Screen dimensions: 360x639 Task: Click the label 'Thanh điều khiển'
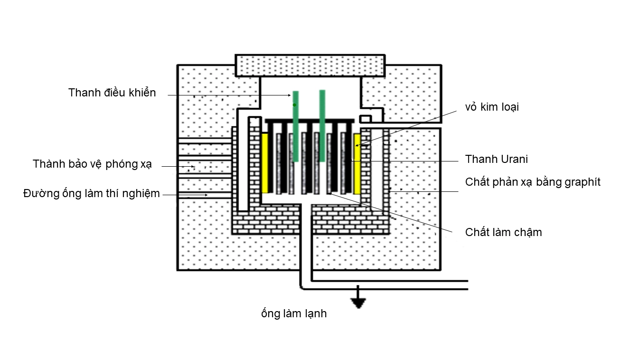click(x=112, y=93)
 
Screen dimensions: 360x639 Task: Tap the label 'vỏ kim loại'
click(x=492, y=107)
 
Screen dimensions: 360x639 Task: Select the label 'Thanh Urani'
click(x=496, y=159)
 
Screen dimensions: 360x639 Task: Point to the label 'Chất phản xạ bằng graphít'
click(x=533, y=182)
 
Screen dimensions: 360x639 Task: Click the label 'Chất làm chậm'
click(x=503, y=232)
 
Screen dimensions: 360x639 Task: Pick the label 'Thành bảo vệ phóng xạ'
click(x=92, y=164)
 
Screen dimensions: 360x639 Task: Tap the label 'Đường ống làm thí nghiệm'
click(x=92, y=193)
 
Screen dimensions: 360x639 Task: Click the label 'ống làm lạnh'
click(x=294, y=313)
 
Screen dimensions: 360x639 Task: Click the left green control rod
click(x=295, y=126)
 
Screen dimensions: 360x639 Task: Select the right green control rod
click(x=322, y=126)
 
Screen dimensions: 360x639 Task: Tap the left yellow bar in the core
click(x=265, y=163)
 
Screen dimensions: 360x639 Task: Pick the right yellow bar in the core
click(x=357, y=163)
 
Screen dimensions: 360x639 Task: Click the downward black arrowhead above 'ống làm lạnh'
click(x=358, y=303)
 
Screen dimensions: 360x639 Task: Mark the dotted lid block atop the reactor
click(x=310, y=65)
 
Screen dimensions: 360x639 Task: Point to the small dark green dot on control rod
click(x=294, y=104)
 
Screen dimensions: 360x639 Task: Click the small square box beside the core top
click(x=366, y=118)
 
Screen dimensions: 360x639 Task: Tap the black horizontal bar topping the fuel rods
click(x=310, y=121)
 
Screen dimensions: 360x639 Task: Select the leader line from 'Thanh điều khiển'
click(x=228, y=95)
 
